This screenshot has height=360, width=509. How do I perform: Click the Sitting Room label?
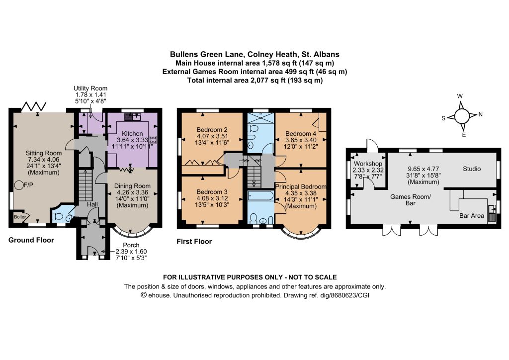44,153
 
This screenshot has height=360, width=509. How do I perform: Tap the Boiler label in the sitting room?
19,217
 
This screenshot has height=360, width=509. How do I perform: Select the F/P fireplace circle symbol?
18,185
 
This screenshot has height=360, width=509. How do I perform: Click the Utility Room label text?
90,89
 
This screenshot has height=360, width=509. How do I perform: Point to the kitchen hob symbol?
153,140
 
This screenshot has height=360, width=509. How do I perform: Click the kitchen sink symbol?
132,117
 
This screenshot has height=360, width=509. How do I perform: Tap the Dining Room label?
132,186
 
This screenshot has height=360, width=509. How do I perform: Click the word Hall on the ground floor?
92,204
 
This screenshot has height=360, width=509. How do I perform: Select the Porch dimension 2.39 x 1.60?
131,252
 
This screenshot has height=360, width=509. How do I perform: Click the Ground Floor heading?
31,240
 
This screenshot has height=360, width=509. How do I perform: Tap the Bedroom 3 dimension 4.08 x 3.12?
212,198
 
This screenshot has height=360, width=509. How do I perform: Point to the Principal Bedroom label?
301,186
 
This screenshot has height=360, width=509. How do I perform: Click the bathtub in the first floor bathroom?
261,196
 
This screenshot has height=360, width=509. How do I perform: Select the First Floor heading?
194,242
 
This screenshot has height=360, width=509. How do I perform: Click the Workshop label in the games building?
368,164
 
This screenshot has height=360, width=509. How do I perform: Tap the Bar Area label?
472,216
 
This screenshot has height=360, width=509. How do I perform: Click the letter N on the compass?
481,114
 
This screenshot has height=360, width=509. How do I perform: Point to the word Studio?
472,169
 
